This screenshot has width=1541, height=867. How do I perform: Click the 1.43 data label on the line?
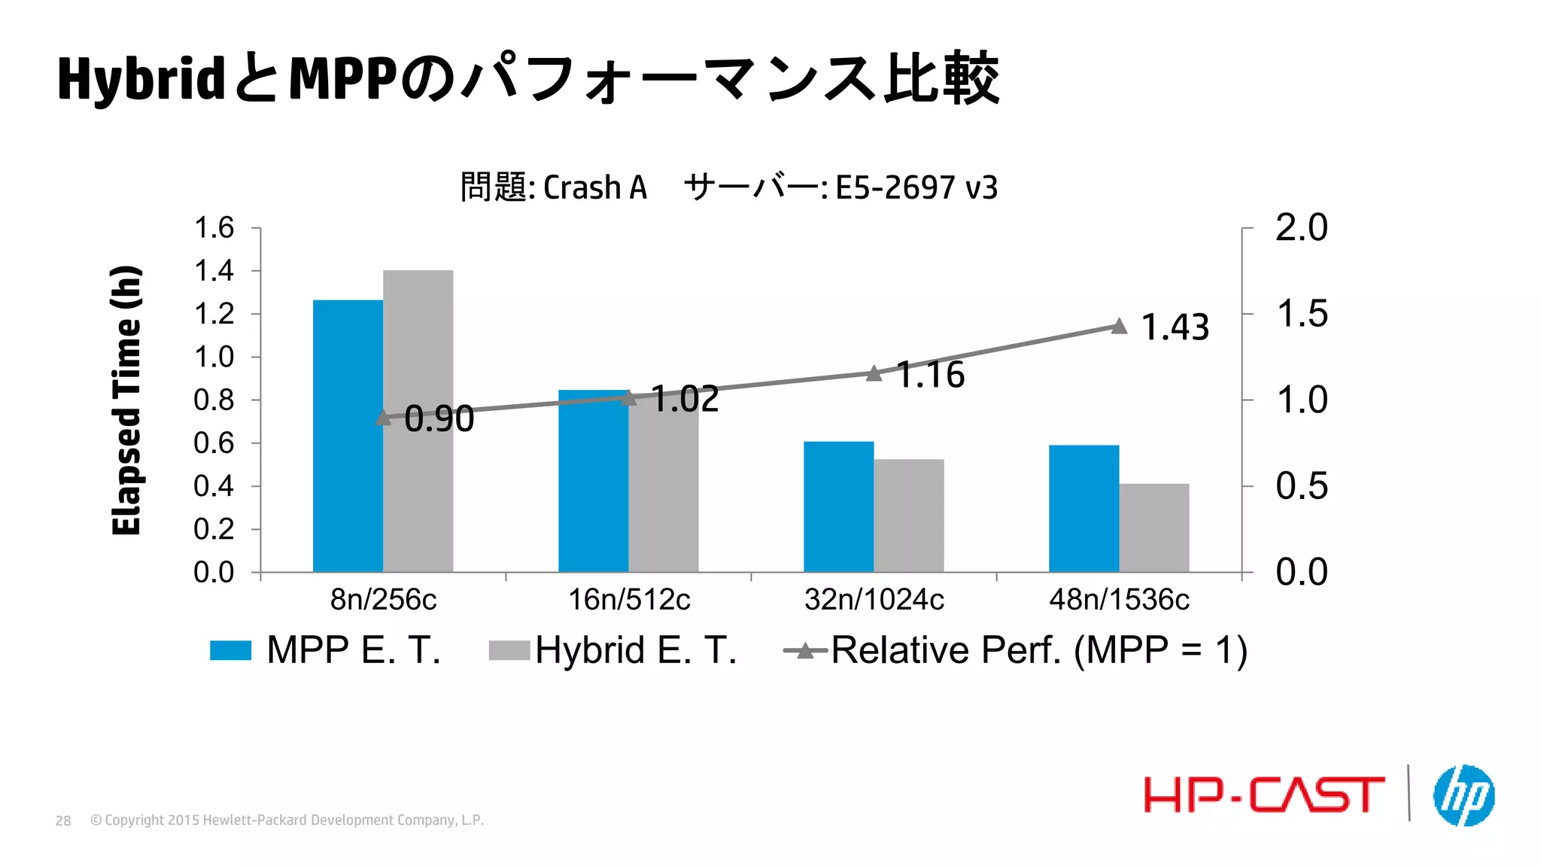pos(1175,327)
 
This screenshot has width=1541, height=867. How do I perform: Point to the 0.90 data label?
pos(439,419)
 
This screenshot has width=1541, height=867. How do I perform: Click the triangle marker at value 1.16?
pos(874,373)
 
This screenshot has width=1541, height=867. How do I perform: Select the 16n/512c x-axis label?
pos(629,600)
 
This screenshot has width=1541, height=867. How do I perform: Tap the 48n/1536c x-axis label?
pos(1119,600)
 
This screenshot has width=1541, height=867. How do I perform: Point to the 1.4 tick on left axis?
pos(214,271)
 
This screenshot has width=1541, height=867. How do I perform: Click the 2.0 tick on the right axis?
pos(1301,227)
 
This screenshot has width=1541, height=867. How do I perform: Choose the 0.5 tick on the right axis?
pos(1301,486)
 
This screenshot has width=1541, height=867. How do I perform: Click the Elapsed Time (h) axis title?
pos(126,400)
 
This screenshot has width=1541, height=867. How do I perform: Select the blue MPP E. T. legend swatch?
pos(230,650)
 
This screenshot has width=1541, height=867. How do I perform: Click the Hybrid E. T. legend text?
pos(636,650)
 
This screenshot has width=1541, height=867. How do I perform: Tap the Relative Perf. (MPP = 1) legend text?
pos(1038,650)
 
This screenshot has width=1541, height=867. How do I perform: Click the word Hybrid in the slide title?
pos(141,79)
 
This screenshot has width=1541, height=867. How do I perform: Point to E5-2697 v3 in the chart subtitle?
pos(916,187)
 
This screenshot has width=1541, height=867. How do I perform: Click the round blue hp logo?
pos(1463,796)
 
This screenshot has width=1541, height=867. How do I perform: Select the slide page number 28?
pos(63,821)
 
